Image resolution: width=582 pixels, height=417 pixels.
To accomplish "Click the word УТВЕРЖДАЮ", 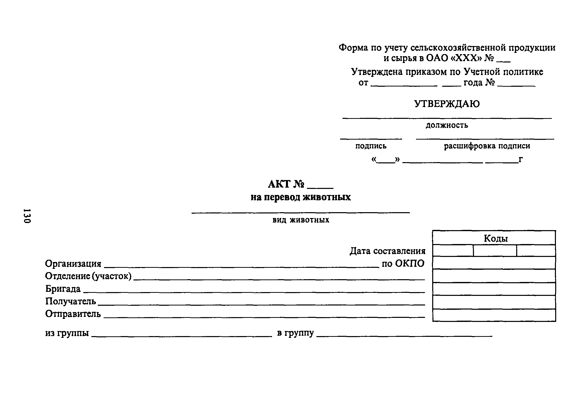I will coord(447,104).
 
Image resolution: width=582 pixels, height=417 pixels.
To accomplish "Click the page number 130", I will coord(27,216).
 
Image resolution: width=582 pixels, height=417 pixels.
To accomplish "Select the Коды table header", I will coord(495,238).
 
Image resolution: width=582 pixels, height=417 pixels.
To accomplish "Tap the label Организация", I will coord(73,264).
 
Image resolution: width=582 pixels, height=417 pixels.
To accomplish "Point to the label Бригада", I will coord(63,289).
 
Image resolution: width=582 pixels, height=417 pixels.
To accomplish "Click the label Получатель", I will coord(71,301).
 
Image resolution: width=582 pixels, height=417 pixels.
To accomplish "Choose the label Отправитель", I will coord(73,314).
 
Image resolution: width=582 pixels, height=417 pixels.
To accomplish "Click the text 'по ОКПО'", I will coord(403,264).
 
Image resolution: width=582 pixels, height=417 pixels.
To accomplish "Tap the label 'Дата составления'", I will coord(387,251).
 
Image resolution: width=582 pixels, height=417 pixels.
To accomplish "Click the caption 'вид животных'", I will coord(301,220).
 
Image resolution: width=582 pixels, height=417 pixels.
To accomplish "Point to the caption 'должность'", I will coord(447,125).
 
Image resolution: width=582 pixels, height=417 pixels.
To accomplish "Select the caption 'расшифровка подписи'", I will coord(487,146).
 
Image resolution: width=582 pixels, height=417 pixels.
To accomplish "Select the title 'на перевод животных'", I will coord(301,197).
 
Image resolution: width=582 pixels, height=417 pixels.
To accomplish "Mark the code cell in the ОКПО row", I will coord(494,263).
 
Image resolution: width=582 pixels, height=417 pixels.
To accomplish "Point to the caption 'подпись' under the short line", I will coord(371,146).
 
